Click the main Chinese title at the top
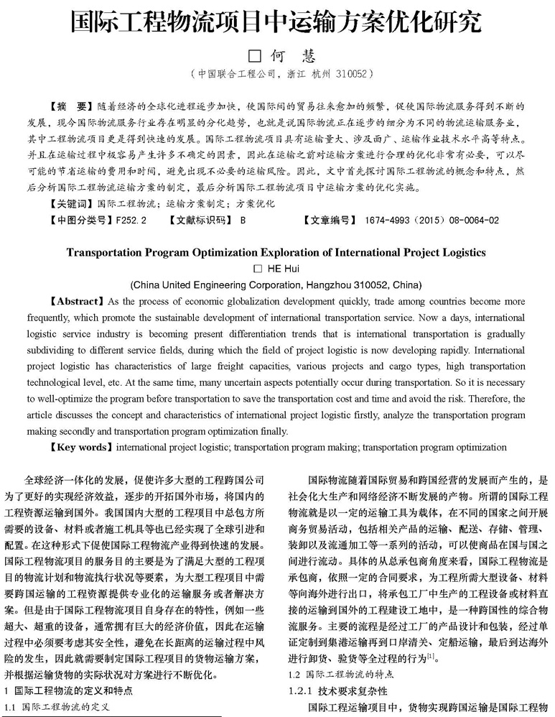tap(276, 24)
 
